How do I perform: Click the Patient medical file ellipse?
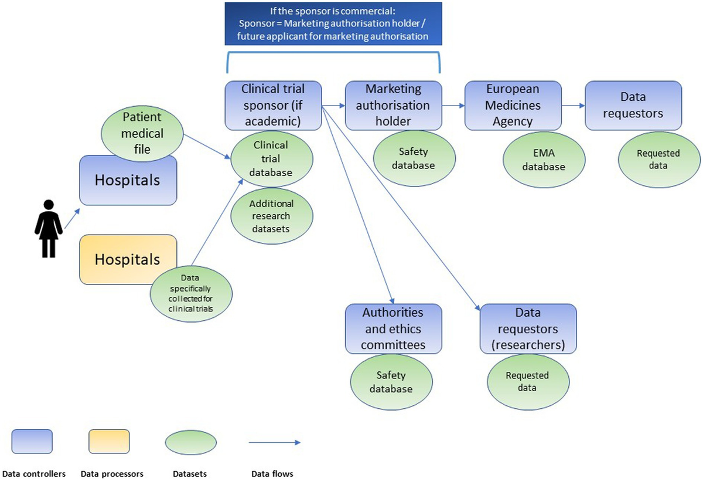pos(142,133)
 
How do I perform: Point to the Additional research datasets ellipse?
pos(271,216)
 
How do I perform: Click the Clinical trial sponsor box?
pos(274,105)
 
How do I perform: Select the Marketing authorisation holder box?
pos(393,105)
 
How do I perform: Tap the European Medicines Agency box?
pos(513,105)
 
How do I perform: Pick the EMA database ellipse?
pos(544,160)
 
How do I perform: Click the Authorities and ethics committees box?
pos(393,328)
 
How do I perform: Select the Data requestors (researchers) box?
pos(528,328)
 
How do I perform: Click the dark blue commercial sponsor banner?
pos(333,23)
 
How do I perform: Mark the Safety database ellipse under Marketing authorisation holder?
pos(414,159)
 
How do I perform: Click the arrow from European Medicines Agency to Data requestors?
pos(573,106)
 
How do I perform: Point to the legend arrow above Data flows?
pos(274,442)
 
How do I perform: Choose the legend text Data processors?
pos(112,473)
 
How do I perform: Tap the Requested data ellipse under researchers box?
pos(528,382)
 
